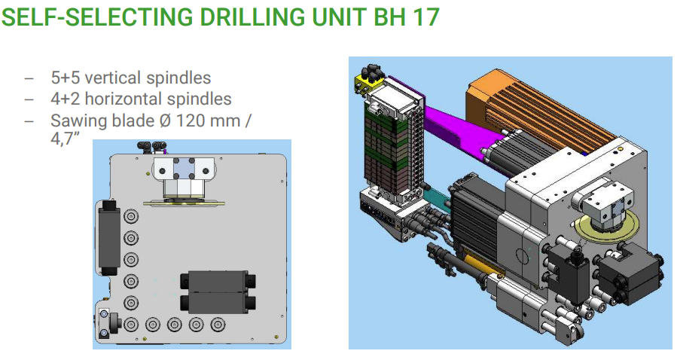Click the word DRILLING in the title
tap(253, 17)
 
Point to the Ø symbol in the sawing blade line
tap(165, 121)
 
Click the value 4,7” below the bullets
tap(65, 139)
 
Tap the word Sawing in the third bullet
tap(76, 121)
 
